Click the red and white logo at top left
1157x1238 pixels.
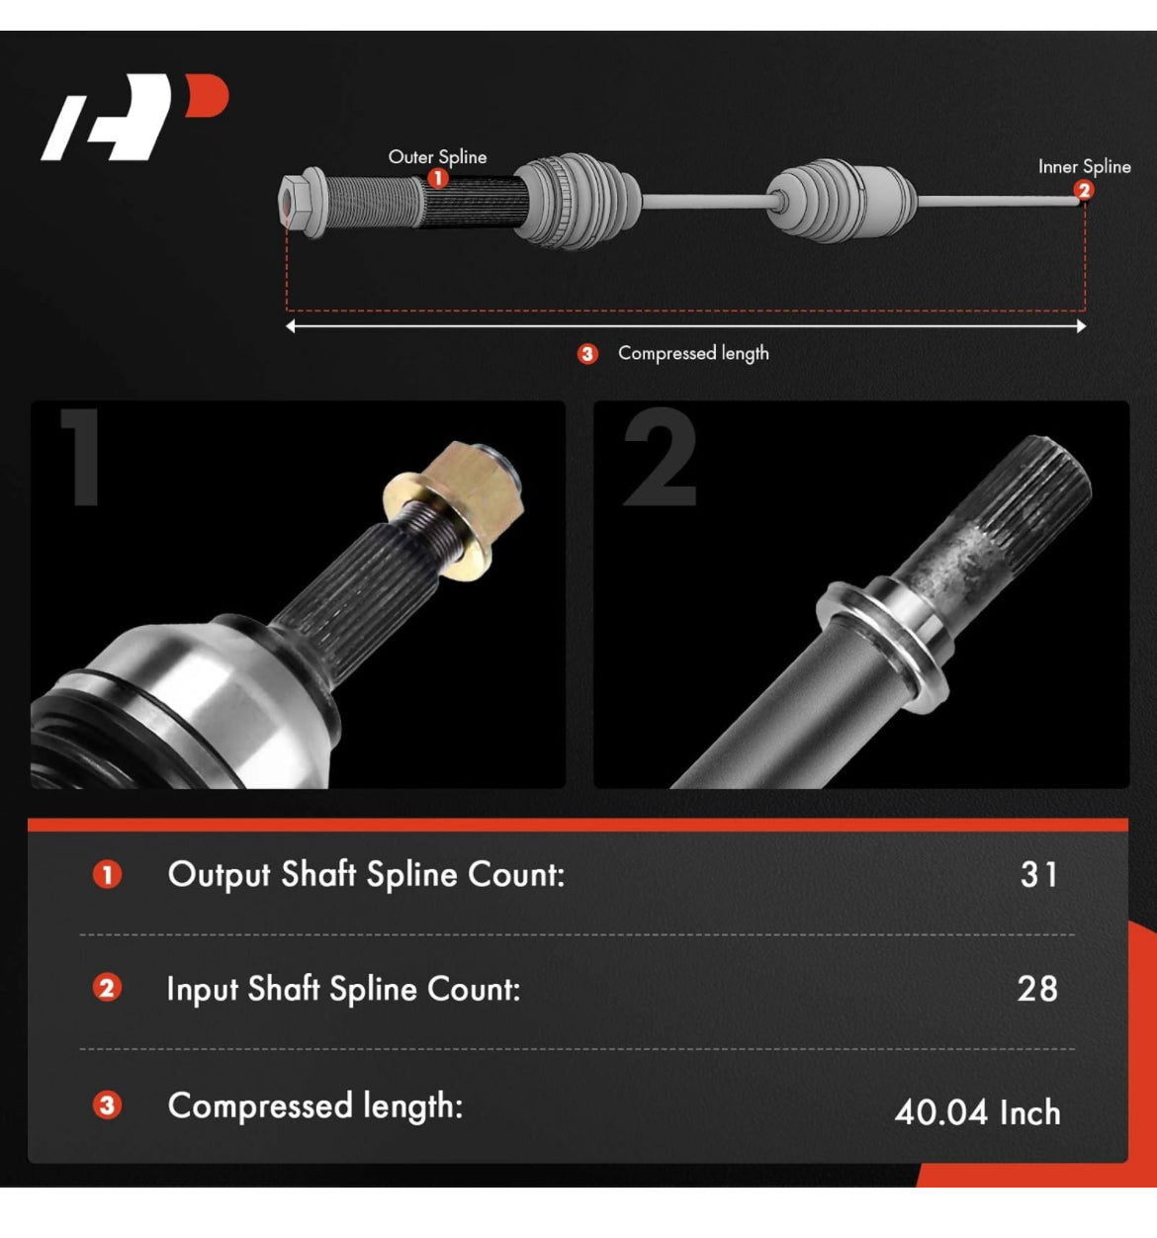(134, 117)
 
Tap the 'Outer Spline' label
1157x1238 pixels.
(437, 157)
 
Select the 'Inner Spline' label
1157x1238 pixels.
(1084, 166)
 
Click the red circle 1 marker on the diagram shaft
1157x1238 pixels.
(438, 178)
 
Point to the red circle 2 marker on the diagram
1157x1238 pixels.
(1084, 190)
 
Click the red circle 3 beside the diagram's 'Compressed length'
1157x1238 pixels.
(586, 354)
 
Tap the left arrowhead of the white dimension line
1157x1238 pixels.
(290, 326)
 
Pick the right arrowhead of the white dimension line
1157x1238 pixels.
(1081, 326)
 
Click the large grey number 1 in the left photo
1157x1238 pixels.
(81, 457)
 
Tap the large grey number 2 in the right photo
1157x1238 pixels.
(660, 457)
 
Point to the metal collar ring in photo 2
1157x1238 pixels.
(884, 645)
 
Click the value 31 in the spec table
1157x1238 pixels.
(1039, 874)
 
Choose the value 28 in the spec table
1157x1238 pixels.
(1038, 989)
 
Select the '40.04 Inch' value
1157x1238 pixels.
(977, 1112)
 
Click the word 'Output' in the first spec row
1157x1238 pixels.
(220, 875)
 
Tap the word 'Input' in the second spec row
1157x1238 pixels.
(202, 990)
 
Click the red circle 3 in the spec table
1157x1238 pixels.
(107, 1105)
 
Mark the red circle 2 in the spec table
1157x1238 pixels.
(107, 989)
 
